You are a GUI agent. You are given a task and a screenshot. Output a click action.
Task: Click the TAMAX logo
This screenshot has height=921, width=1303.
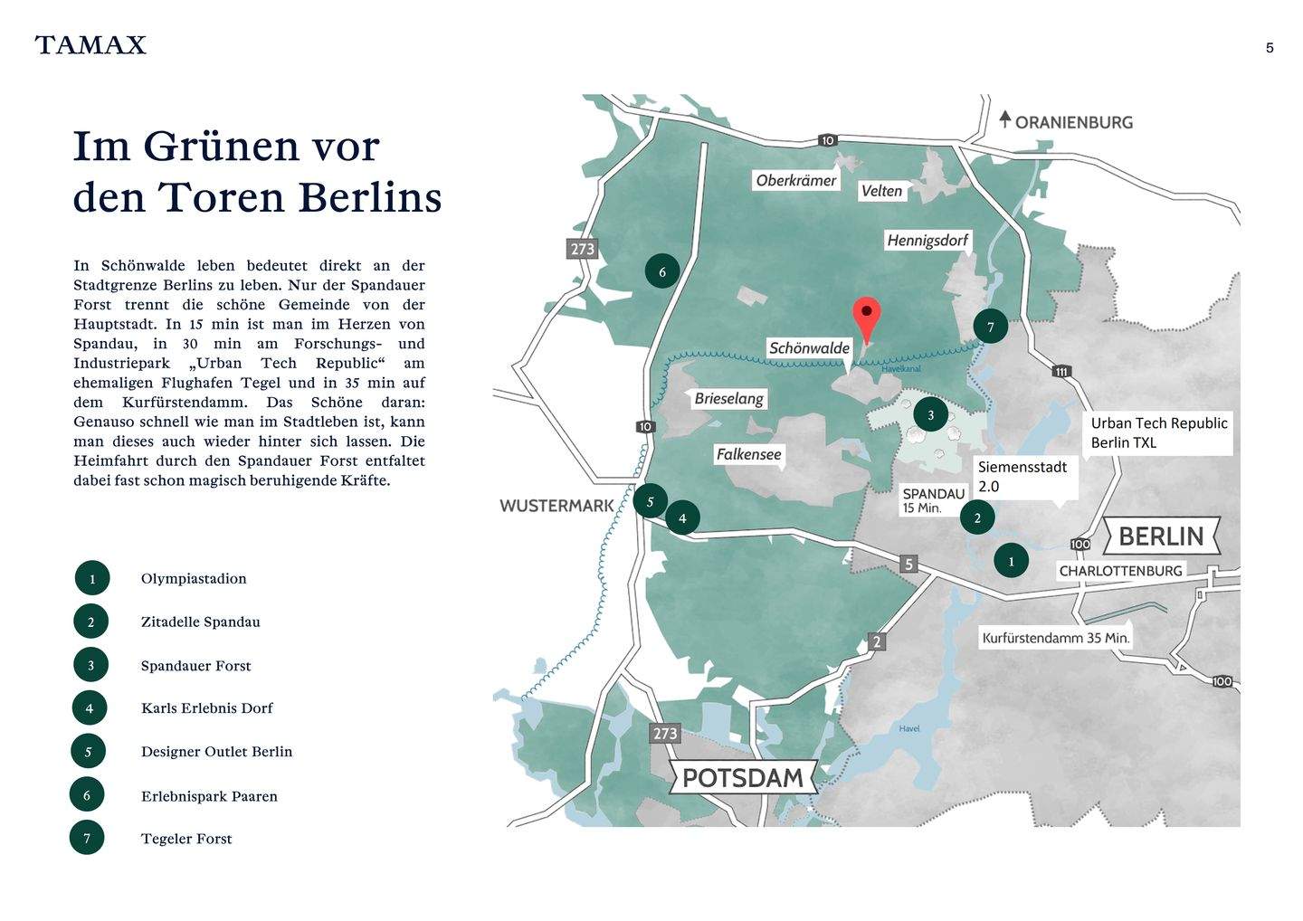point(90,45)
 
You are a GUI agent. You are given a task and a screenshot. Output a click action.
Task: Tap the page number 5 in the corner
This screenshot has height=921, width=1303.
point(1270,48)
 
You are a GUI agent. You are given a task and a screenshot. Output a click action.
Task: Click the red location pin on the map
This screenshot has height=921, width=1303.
point(866,318)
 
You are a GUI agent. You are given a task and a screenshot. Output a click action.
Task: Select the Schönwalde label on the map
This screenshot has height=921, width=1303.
point(809,348)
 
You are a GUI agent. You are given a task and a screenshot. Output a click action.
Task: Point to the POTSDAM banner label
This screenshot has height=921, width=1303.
point(742,777)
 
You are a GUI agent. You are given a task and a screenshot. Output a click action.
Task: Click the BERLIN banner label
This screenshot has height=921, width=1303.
point(1161,536)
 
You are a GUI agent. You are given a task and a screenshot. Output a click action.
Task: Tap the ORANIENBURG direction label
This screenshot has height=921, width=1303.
point(1073,122)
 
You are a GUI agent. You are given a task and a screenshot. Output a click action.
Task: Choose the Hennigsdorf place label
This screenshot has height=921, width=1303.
point(927,241)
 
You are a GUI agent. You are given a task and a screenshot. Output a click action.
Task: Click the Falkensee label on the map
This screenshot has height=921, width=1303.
point(748,454)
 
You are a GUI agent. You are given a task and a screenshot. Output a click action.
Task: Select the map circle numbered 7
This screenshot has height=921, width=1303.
point(990,328)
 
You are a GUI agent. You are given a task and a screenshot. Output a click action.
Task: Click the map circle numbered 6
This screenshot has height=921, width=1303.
point(661,271)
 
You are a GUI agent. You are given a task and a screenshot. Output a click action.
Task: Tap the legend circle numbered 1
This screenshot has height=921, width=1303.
point(92,579)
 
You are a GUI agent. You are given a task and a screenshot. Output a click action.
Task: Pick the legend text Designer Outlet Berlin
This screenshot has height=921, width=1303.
point(216,752)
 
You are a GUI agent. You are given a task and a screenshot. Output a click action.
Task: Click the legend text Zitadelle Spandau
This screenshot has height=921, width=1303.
point(200,622)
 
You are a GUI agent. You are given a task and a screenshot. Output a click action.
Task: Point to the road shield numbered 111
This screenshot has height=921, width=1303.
point(1061,372)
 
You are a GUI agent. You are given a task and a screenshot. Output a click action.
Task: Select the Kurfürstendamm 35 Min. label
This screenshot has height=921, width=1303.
point(1055,638)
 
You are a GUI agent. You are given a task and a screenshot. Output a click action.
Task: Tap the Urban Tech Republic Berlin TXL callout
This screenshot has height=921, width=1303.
point(1158,432)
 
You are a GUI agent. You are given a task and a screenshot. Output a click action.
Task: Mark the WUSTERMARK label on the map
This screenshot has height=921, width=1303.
point(556,506)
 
